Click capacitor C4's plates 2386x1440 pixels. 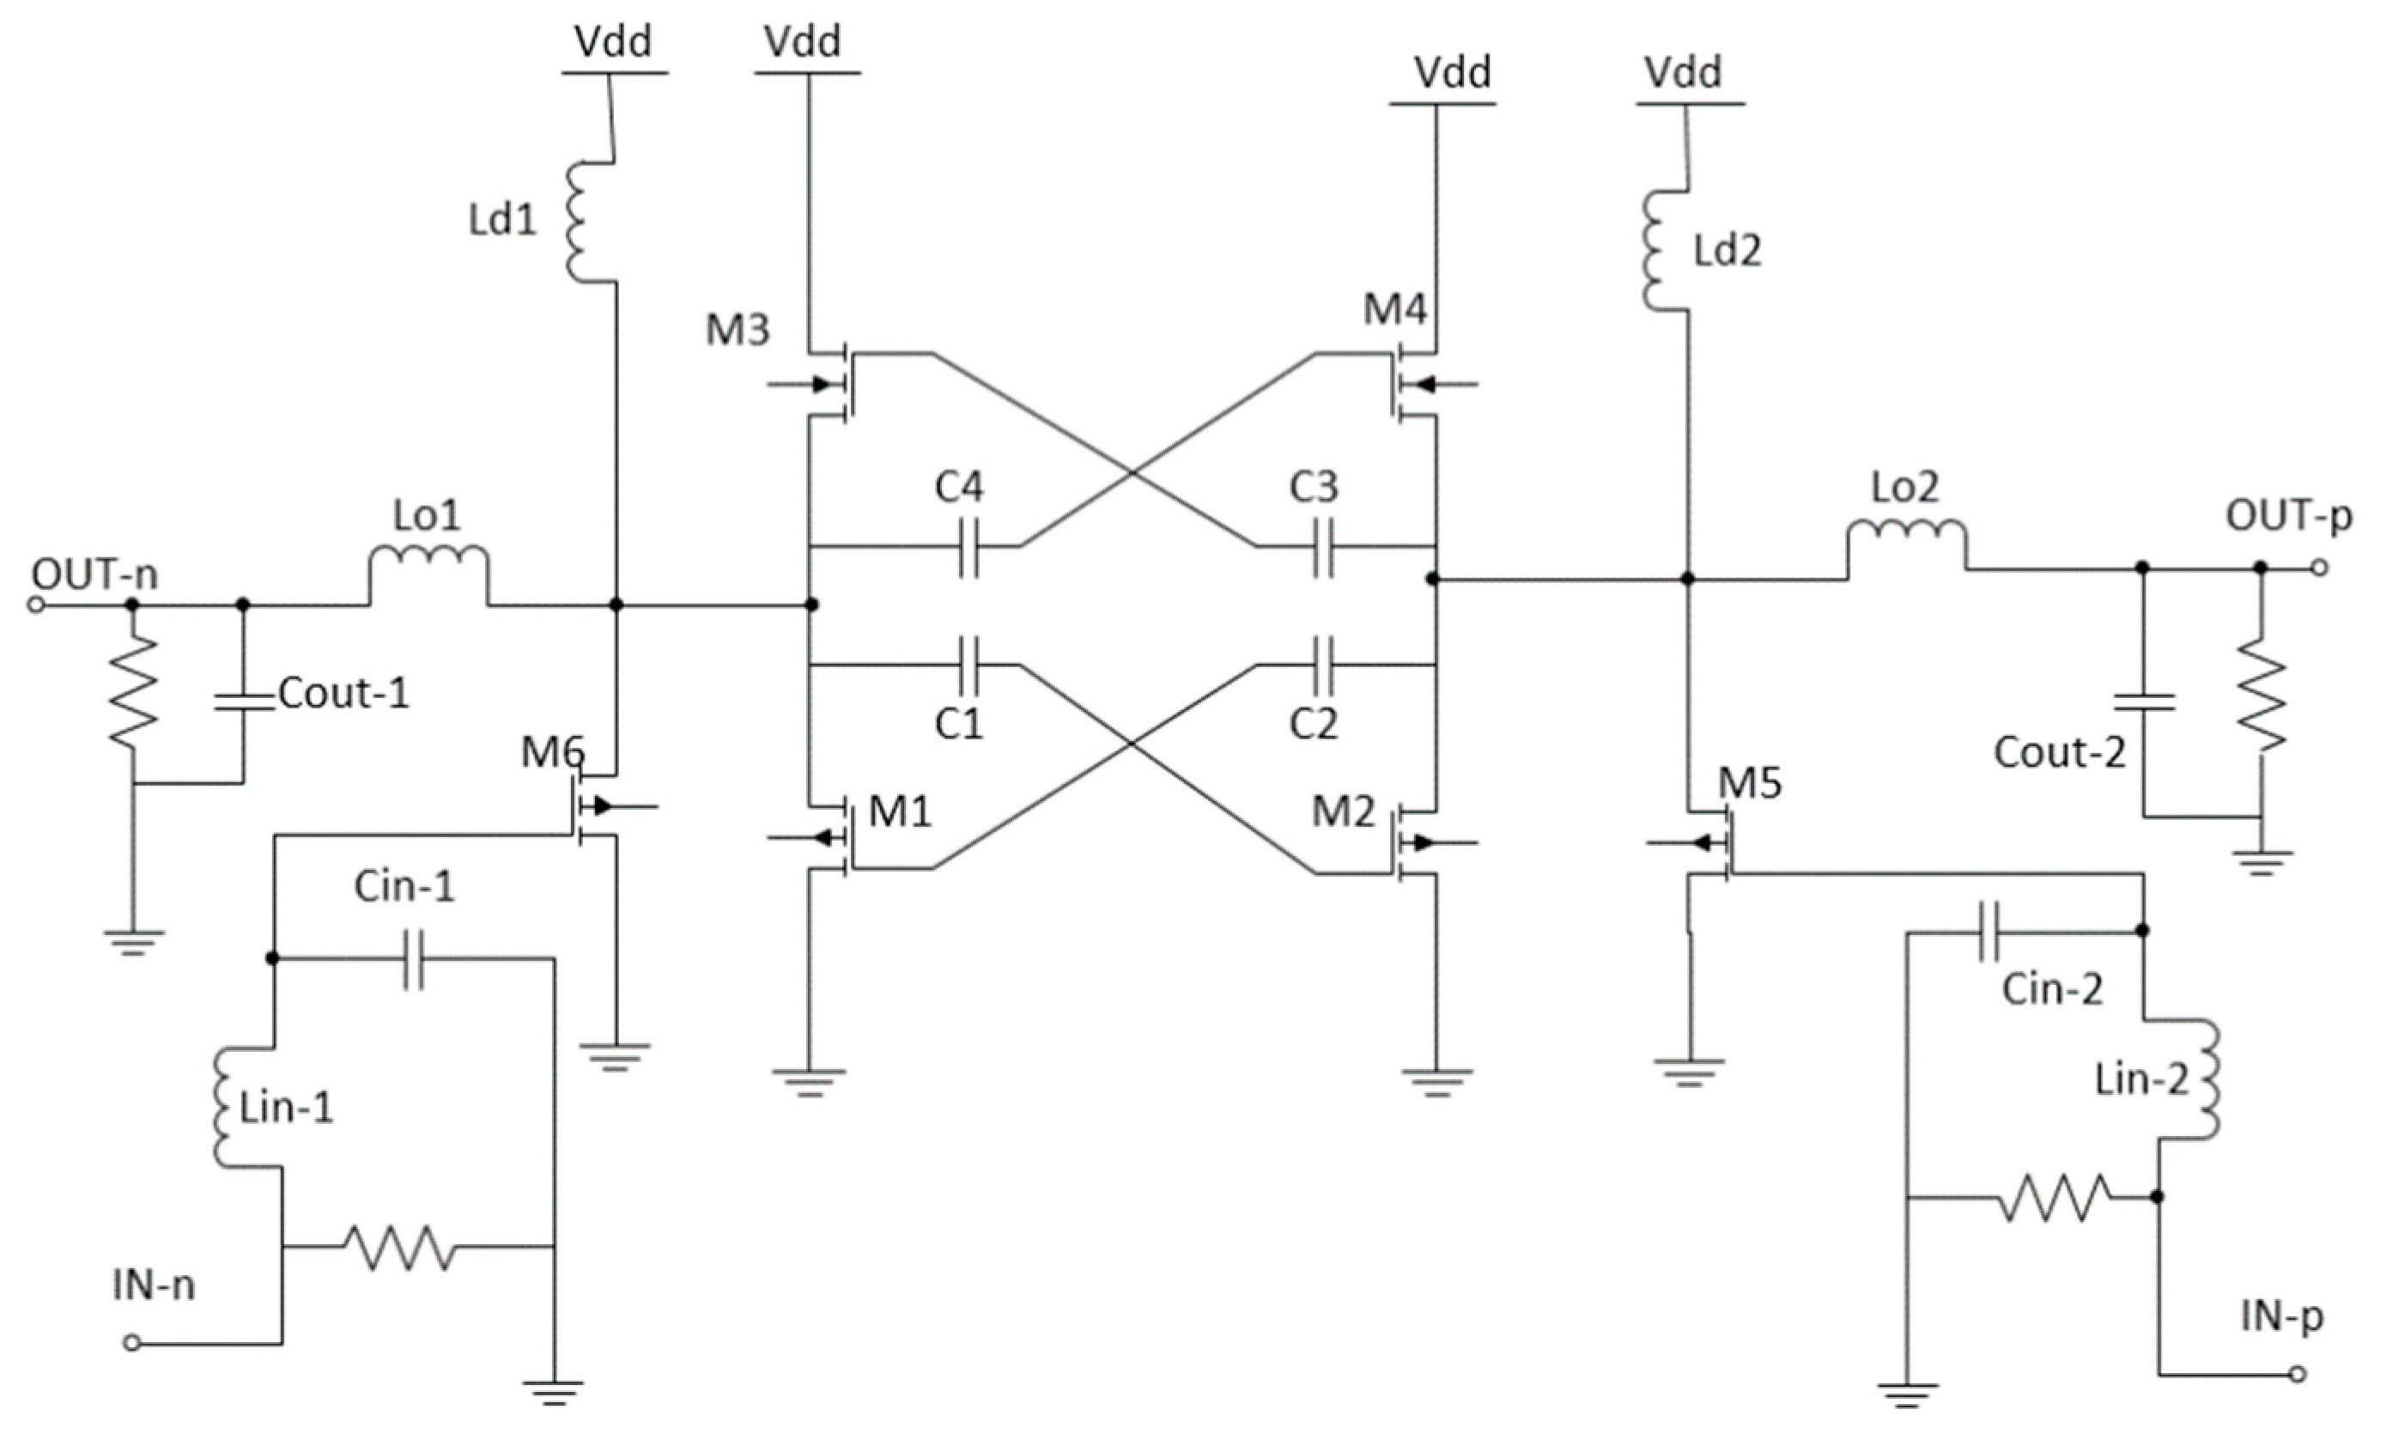tap(968, 547)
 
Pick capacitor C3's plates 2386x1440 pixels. tap(1323, 547)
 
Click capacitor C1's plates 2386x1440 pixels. tap(968, 665)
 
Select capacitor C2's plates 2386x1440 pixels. tap(1323, 665)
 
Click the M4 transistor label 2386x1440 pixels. tap(1394, 310)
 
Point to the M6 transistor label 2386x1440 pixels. tap(552, 751)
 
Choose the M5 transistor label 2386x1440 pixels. tap(1750, 782)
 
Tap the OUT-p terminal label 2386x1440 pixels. tap(2287, 515)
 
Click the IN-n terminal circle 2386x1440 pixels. tap(133, 1343)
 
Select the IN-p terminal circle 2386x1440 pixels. tap(2297, 1374)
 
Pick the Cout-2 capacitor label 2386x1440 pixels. tap(2060, 752)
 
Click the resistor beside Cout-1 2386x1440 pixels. tap(134, 691)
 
